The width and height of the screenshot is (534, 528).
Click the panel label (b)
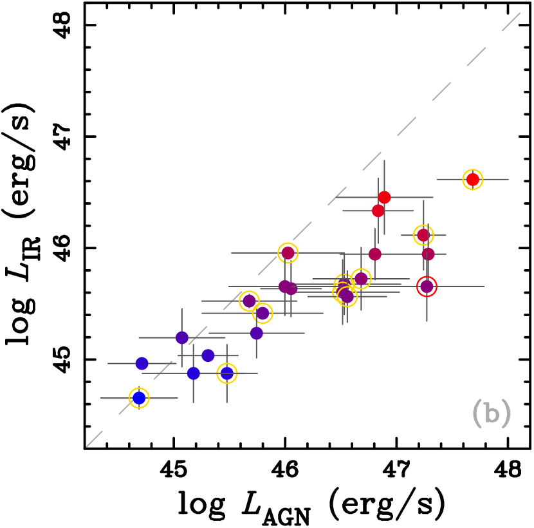click(x=491, y=413)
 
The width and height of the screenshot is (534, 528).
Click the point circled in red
click(x=427, y=287)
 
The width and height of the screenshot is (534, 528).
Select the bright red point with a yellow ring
click(x=473, y=180)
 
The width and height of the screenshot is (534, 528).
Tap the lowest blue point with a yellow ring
click(x=139, y=398)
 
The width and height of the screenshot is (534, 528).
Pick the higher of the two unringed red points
click(x=384, y=197)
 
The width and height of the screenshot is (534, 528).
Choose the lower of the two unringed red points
click(x=378, y=211)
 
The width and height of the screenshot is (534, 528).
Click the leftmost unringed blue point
click(x=142, y=364)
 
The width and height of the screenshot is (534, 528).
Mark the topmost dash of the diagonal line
click(x=511, y=22)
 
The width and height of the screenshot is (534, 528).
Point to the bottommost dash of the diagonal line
click(x=95, y=438)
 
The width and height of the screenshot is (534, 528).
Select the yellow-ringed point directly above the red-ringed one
click(x=423, y=235)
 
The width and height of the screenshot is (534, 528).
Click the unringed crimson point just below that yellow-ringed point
click(x=428, y=254)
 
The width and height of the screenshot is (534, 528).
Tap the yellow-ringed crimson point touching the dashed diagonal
click(x=288, y=253)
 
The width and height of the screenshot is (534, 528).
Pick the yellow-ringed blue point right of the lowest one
click(x=226, y=373)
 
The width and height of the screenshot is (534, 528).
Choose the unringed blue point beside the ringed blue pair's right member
click(x=194, y=373)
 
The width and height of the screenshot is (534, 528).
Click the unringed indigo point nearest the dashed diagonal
click(x=182, y=337)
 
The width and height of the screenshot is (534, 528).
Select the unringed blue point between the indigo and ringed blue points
click(x=208, y=355)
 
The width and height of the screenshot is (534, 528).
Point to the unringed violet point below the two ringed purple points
click(x=257, y=333)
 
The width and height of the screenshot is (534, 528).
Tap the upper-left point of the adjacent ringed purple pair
click(x=249, y=301)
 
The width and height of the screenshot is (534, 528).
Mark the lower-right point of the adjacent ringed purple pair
click(x=262, y=313)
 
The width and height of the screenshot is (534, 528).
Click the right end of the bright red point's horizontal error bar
click(x=508, y=180)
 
